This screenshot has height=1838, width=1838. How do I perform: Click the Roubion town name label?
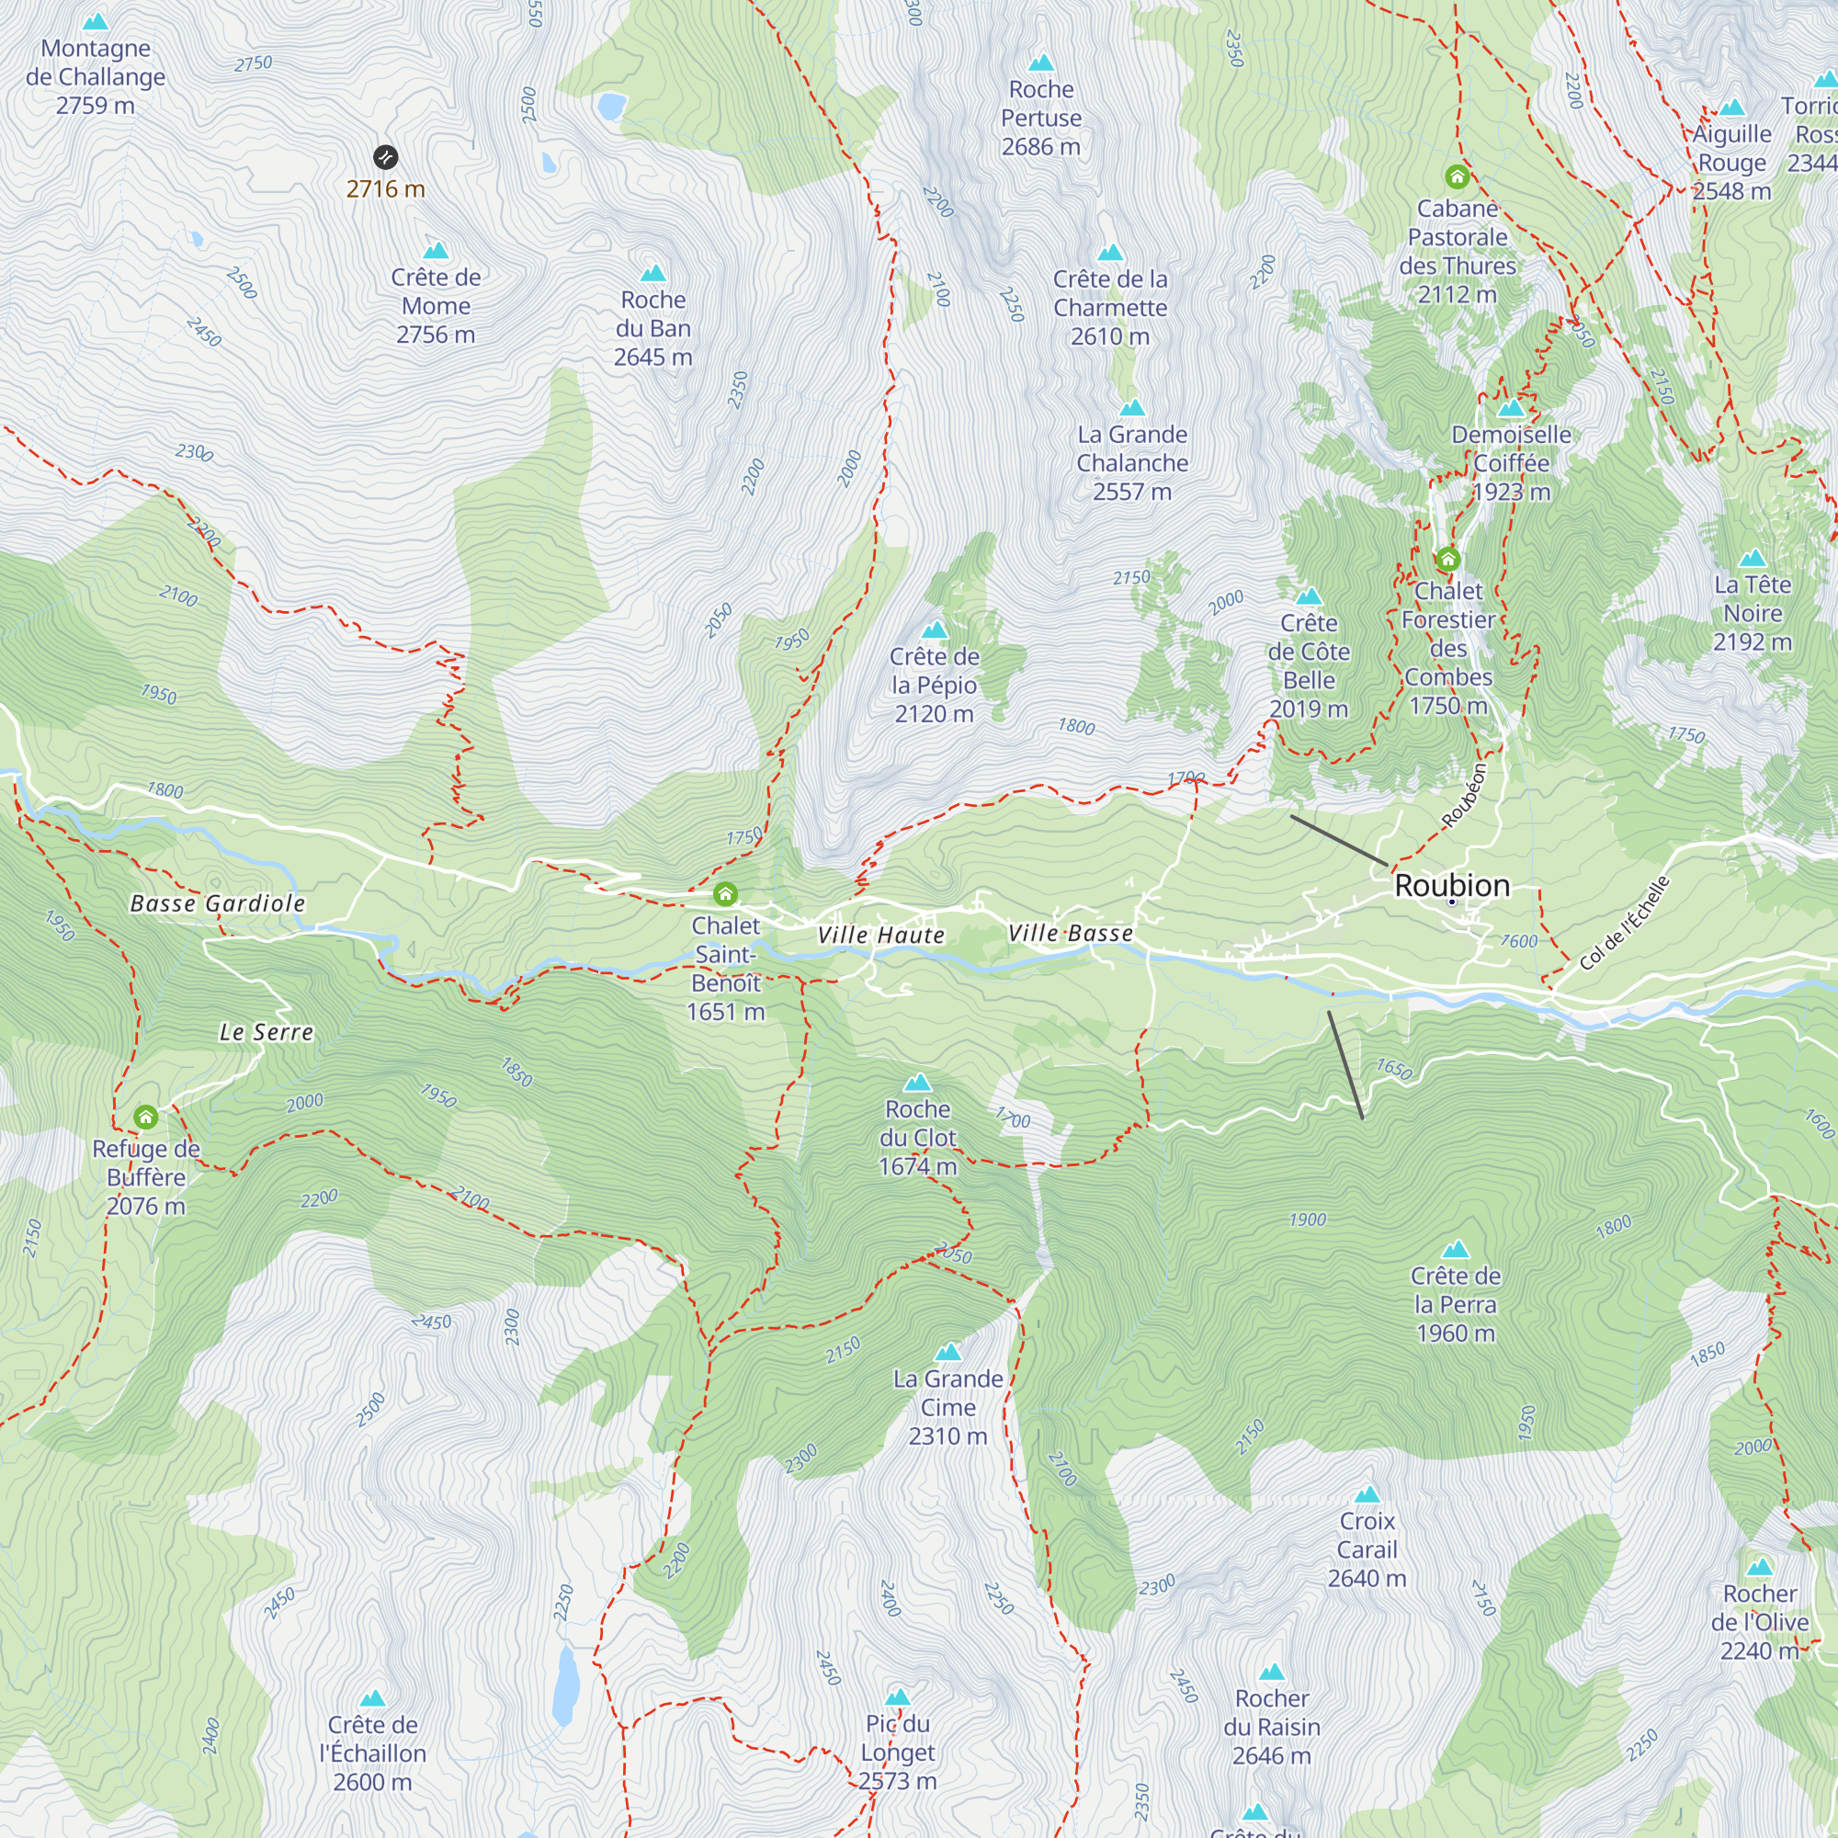point(1452,885)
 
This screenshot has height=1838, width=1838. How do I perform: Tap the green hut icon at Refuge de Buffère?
point(145,1116)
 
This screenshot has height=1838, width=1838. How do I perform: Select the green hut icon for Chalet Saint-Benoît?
point(725,893)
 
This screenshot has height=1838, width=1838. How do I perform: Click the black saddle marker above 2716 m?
point(385,157)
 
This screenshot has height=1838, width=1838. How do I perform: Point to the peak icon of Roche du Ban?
point(652,274)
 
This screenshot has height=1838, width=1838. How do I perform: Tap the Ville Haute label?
point(881,936)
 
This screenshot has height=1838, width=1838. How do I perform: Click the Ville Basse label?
point(1071,934)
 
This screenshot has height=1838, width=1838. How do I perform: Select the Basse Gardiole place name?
point(218,902)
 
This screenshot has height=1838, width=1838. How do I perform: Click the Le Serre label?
point(267,1032)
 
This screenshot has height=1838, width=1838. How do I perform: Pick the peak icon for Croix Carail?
point(1367,1493)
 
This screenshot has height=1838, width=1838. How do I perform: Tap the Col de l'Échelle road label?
point(1624,923)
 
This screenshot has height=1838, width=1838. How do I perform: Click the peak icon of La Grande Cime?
point(947,1352)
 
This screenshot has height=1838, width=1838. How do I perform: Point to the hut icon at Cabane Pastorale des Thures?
point(1457,177)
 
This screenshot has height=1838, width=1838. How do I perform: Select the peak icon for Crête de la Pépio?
point(935,630)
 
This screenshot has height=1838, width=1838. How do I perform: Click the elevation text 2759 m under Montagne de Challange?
point(96,106)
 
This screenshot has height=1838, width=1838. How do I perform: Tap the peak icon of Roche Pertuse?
point(1042,62)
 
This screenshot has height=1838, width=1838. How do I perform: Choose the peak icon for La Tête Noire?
point(1753,559)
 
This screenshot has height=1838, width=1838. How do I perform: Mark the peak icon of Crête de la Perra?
point(1456,1249)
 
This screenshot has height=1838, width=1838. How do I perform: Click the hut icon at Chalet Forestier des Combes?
point(1448,559)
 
